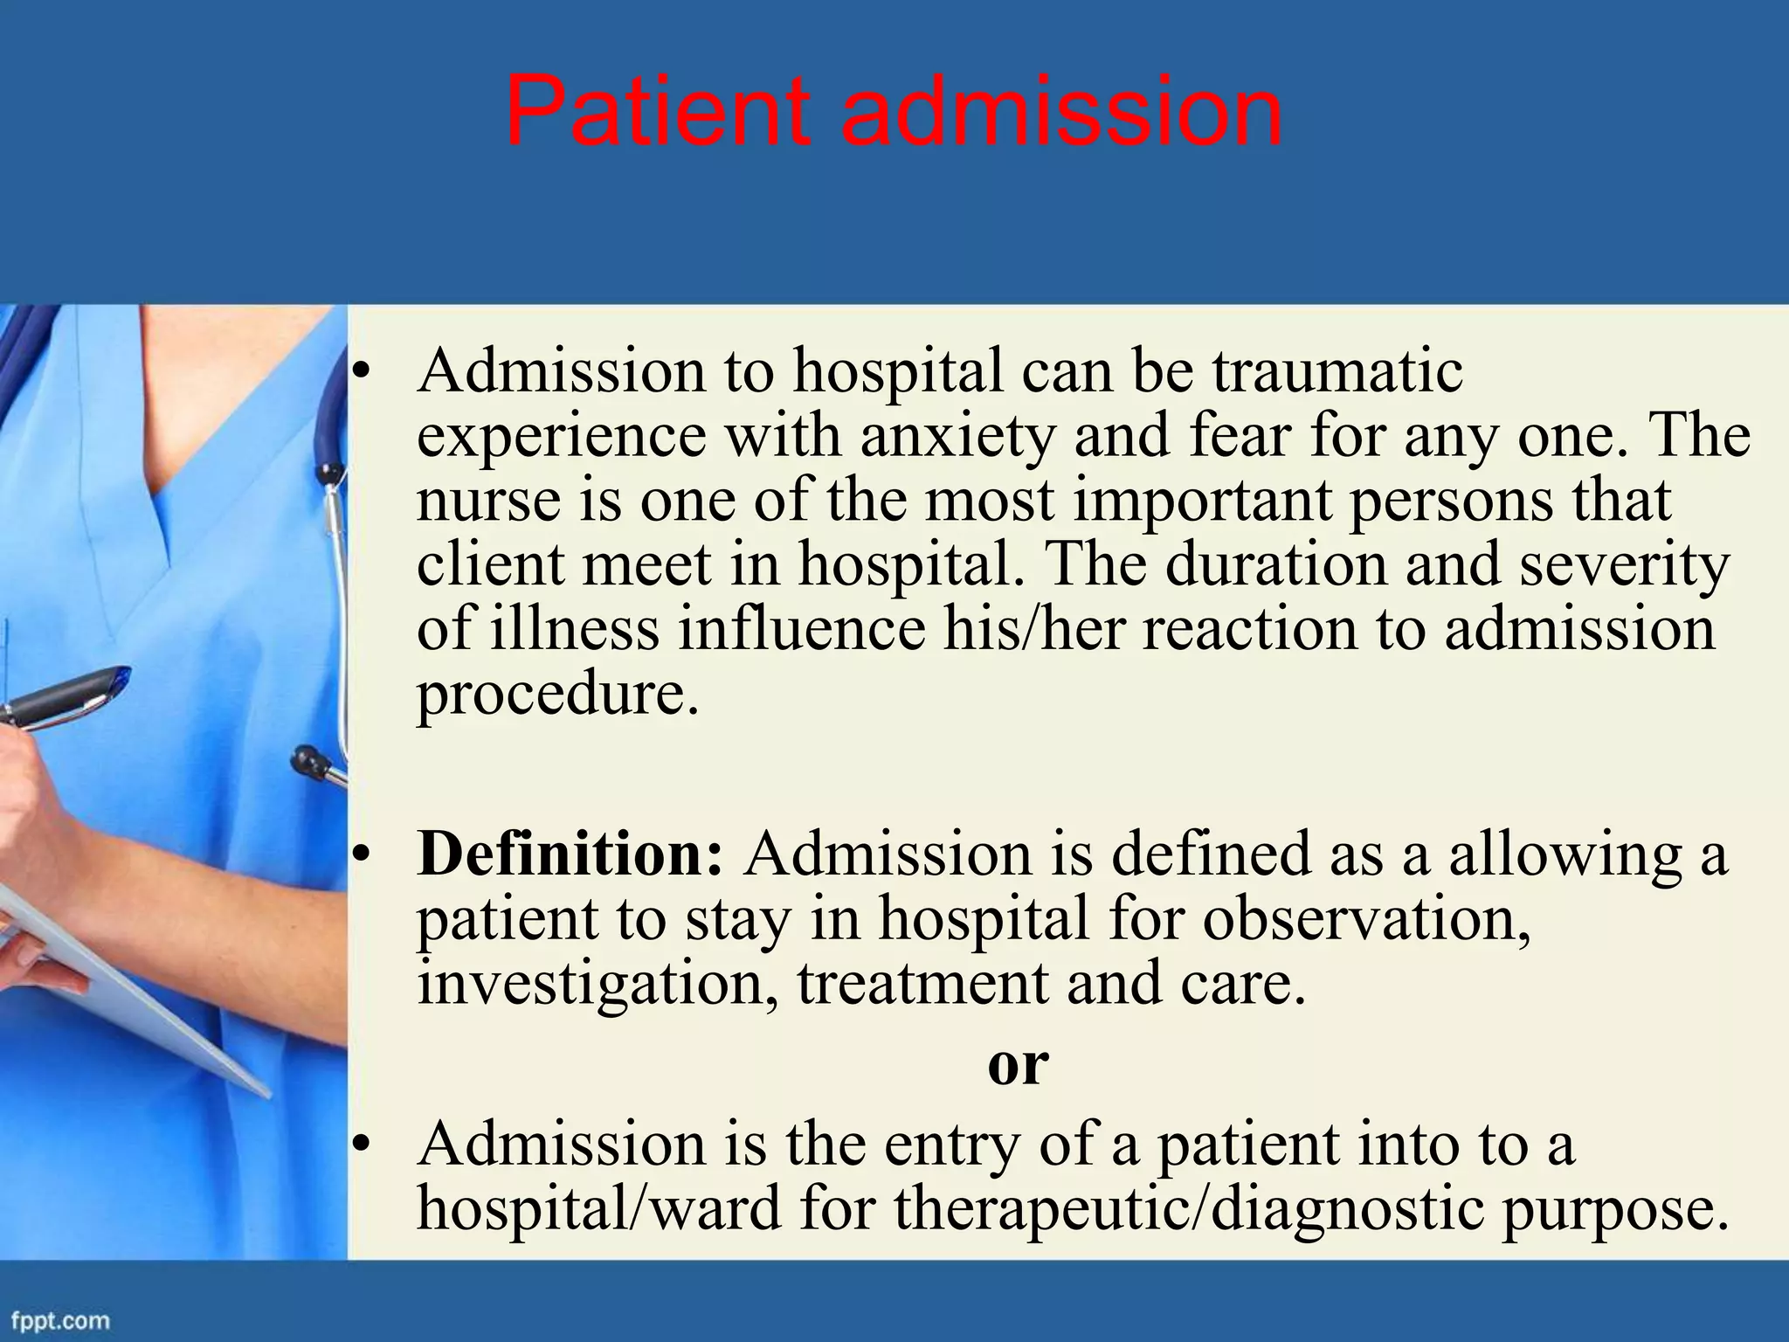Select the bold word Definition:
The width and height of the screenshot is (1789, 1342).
coord(570,854)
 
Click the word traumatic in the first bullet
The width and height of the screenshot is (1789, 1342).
coord(1337,370)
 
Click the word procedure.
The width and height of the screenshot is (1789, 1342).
coord(557,694)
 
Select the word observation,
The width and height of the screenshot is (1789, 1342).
coord(1365,919)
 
